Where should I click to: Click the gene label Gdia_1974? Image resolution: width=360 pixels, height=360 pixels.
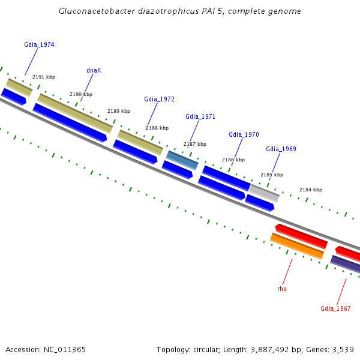coord(39,44)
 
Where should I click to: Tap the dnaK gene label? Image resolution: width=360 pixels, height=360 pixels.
coord(94,70)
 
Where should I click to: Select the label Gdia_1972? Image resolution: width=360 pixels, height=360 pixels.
coord(159,99)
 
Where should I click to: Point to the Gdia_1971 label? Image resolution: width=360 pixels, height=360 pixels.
coord(200,116)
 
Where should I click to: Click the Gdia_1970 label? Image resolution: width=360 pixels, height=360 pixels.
coord(244,134)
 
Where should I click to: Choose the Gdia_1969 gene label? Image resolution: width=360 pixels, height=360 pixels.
coord(281,149)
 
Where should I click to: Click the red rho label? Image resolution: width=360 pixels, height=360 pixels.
coord(282,289)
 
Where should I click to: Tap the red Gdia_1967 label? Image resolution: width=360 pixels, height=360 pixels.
coord(335,308)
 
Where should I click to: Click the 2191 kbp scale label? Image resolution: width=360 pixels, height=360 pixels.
coord(44,77)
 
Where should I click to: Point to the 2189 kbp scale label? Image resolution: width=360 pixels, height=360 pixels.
coord(119,111)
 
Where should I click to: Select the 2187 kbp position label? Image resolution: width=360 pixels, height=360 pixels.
coord(195,144)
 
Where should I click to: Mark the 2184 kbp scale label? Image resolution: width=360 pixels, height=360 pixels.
coord(311,190)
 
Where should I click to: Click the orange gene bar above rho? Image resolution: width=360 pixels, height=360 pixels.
coord(297,246)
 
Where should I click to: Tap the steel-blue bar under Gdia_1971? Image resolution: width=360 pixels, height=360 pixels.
coord(182,160)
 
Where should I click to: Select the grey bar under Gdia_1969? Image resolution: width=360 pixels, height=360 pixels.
coord(264,193)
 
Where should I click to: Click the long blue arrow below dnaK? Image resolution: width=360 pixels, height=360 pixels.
coord(70,122)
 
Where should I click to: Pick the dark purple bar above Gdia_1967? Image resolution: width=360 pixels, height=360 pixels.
coord(346,263)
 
